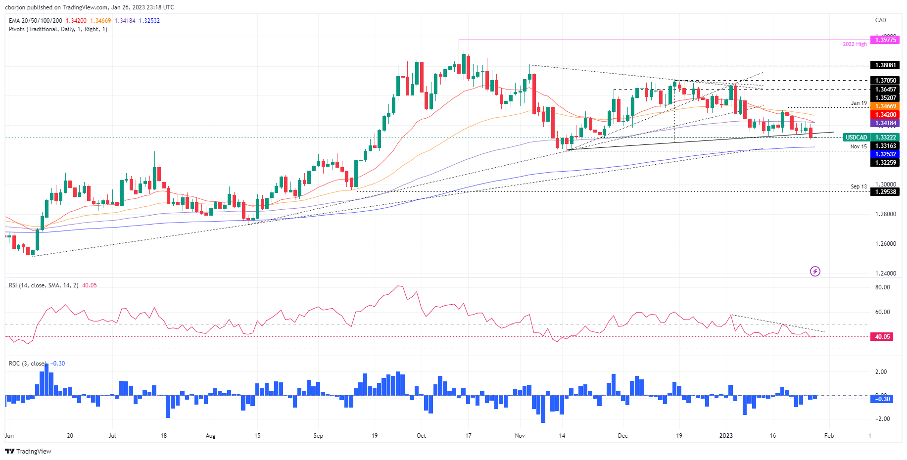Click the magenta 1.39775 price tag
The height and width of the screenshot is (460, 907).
coord(885,40)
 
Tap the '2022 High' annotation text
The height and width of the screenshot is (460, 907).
coord(855,45)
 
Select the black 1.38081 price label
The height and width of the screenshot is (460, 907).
coord(885,65)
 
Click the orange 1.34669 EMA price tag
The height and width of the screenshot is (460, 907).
coord(885,106)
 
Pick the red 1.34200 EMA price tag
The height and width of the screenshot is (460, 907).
coord(885,115)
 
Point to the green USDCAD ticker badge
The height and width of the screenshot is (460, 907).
coord(856,138)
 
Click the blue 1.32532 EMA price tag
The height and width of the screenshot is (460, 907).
coord(885,154)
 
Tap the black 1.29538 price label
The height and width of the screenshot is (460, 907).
coord(885,192)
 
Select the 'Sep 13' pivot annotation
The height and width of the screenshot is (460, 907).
coord(859,187)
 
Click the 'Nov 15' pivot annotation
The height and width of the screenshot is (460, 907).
coord(859,146)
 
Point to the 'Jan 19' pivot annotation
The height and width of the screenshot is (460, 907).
coord(859,103)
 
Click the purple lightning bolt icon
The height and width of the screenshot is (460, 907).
coord(815,271)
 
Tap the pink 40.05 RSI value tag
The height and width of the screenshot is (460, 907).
coord(882,337)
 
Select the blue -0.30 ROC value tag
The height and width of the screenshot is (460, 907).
coord(882,399)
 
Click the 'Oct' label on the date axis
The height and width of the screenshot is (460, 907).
coord(421,436)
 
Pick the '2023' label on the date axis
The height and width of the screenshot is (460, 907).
coord(726,436)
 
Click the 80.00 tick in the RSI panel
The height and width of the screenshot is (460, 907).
coord(882,287)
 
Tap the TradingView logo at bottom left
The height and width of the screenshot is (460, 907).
coord(28,452)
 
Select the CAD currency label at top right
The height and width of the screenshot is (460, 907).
coord(880,20)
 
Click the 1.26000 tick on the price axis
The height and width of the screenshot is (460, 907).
coord(885,244)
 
